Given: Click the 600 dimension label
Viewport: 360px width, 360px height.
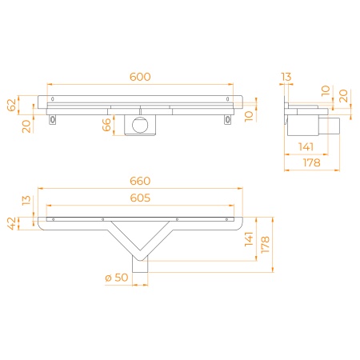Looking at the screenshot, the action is click(140, 77).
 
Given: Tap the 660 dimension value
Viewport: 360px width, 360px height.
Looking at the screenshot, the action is click(140, 181).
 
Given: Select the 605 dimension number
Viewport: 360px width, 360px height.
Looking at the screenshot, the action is click(140, 198).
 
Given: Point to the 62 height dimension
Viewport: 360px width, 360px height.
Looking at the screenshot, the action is click(11, 105).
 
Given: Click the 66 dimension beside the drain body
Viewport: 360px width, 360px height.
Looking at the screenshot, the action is click(106, 125).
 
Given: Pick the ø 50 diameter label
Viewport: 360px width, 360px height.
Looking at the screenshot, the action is click(117, 278).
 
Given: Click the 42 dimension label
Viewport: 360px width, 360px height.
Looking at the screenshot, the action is click(11, 223).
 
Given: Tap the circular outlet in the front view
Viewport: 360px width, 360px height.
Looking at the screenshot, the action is click(140, 125).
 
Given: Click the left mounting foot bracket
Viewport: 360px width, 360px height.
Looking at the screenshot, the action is click(53, 120).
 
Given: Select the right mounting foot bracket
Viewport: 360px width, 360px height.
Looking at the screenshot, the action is click(228, 120).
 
